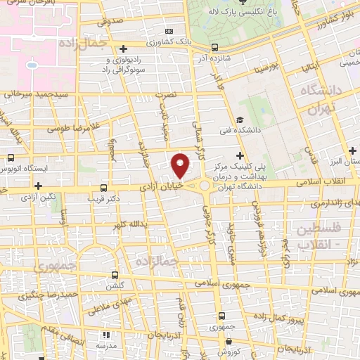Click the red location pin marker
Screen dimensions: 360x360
point(181,165)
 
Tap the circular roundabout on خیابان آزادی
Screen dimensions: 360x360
point(205,186)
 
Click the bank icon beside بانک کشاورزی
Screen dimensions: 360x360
point(168,31)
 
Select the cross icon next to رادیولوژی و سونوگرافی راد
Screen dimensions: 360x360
point(124,49)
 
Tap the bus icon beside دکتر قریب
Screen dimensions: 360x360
point(104,188)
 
